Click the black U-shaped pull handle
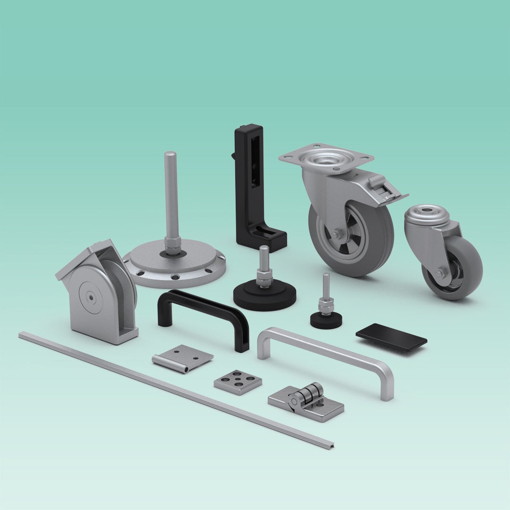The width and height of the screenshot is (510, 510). click(x=203, y=302)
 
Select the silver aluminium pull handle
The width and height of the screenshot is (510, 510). click(x=326, y=350)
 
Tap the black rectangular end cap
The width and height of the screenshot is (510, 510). click(x=391, y=336)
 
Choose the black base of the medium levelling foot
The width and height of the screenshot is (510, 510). click(x=264, y=296)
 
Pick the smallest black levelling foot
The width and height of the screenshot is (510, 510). click(x=326, y=320)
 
